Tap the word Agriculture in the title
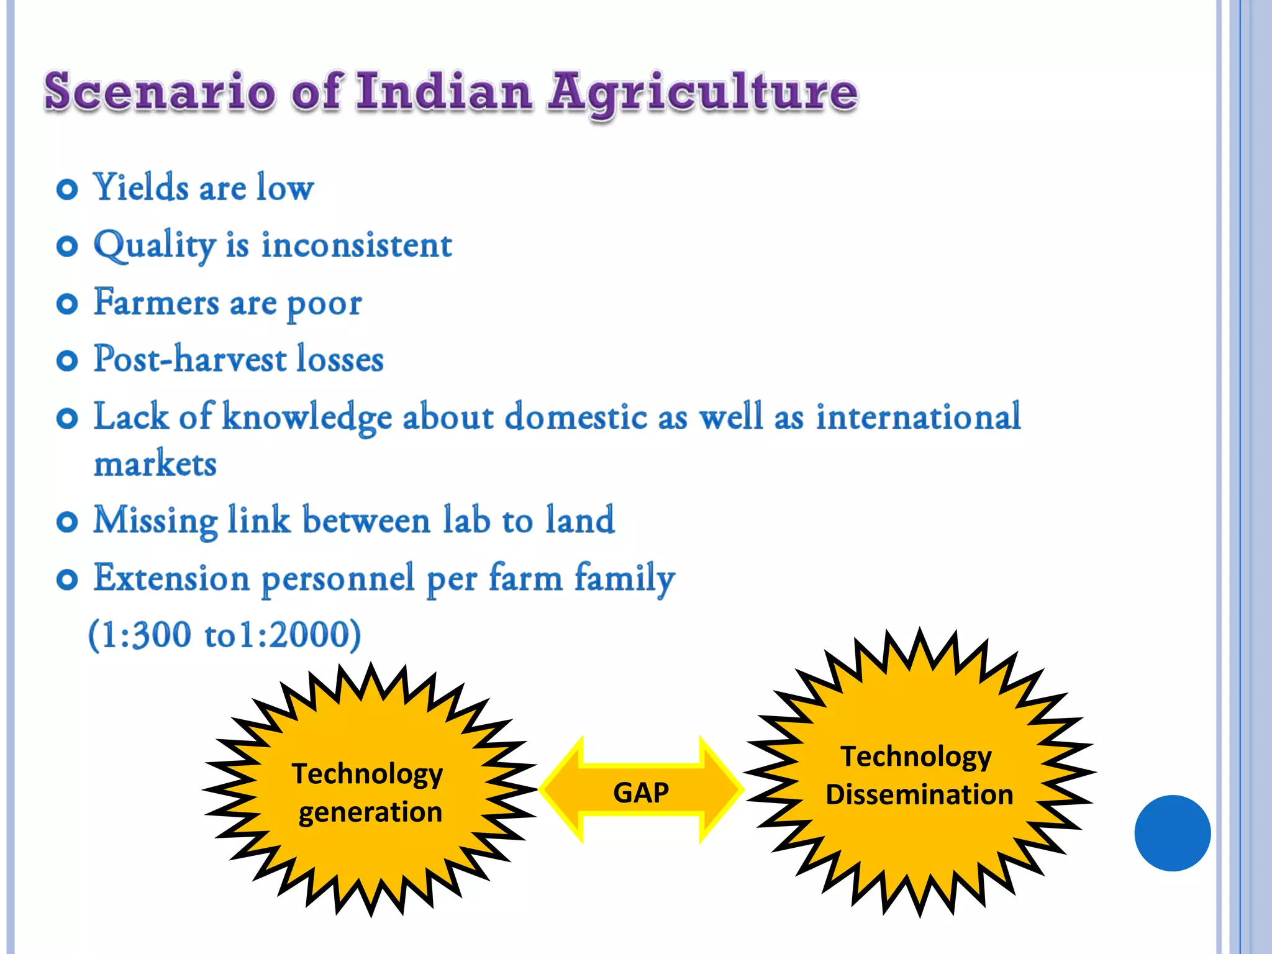click(x=702, y=93)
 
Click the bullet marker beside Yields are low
click(x=67, y=189)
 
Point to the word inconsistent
click(x=357, y=245)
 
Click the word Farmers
click(x=156, y=302)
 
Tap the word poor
click(x=324, y=305)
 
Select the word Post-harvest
click(x=189, y=360)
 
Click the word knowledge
click(x=307, y=417)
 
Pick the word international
click(x=918, y=417)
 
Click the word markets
click(x=155, y=464)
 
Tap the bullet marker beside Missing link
click(x=67, y=521)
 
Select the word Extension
click(x=171, y=578)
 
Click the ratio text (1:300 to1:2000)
click(x=224, y=635)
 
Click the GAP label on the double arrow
click(x=641, y=793)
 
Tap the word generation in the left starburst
click(x=370, y=812)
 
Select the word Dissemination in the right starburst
click(x=919, y=795)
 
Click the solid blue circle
click(x=1172, y=833)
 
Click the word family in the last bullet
click(x=624, y=578)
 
